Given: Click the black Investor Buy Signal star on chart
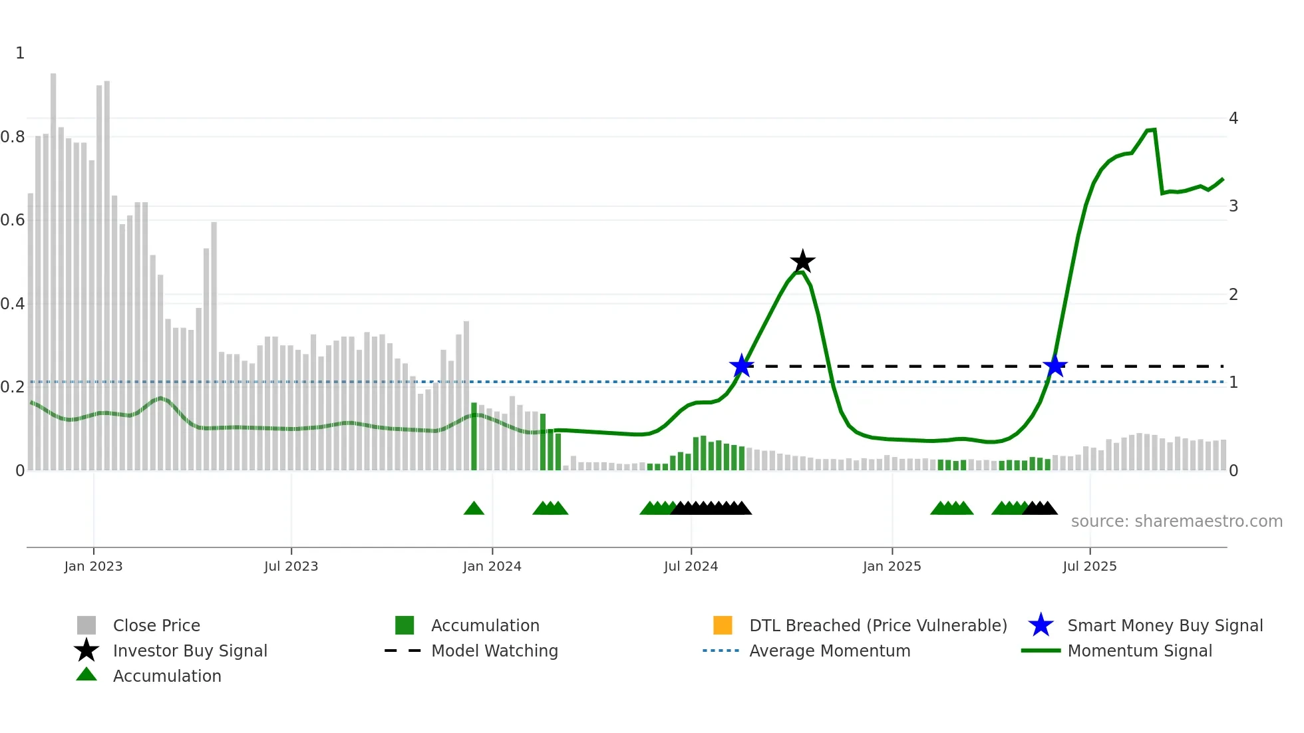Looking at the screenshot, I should [802, 261].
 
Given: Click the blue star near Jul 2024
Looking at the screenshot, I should [741, 365].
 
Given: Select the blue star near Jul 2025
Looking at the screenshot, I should [1055, 366].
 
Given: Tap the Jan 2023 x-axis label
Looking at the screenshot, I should [93, 566].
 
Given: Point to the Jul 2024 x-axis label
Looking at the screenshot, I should [691, 566].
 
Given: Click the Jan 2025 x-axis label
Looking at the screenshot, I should [892, 566].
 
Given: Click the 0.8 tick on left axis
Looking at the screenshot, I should [13, 137].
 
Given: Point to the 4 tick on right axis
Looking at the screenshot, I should [1233, 118].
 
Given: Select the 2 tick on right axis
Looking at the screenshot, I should [1233, 295].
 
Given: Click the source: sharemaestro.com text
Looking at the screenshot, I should [1176, 521].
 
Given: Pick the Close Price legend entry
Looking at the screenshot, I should [156, 625].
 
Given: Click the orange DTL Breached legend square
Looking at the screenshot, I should [723, 625].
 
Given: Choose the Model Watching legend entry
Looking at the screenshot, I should [494, 651].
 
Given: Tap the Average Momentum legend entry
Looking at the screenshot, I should [829, 651].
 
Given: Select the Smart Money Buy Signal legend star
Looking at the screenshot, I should [1041, 625].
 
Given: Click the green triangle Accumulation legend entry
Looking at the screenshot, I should [166, 676].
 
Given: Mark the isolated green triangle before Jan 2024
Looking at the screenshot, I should [474, 509].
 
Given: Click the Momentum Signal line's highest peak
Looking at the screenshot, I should [1154, 130].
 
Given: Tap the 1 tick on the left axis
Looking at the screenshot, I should [20, 53].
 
